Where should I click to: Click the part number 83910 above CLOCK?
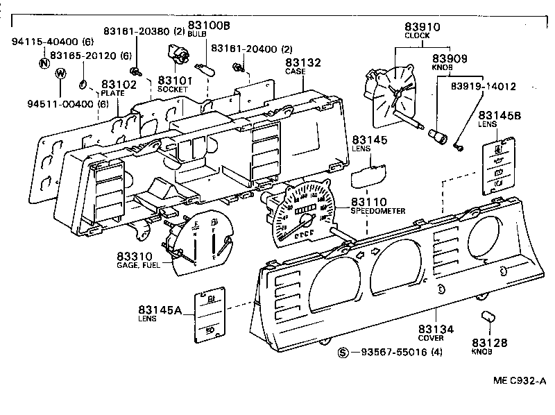tap(422, 26)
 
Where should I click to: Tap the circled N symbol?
tap(44, 62)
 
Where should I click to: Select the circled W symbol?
tap(60, 74)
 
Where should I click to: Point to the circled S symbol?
tap(342, 353)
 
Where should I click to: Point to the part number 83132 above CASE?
tap(302, 62)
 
